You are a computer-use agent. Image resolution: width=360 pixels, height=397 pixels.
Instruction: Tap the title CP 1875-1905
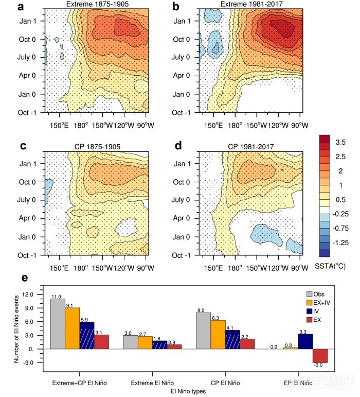[x=96, y=147]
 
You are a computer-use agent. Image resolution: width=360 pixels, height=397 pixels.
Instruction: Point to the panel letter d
[x=178, y=146]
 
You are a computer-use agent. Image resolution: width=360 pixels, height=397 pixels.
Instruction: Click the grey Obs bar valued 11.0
[x=58, y=323]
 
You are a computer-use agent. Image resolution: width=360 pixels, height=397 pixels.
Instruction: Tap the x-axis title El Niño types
[x=187, y=392]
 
